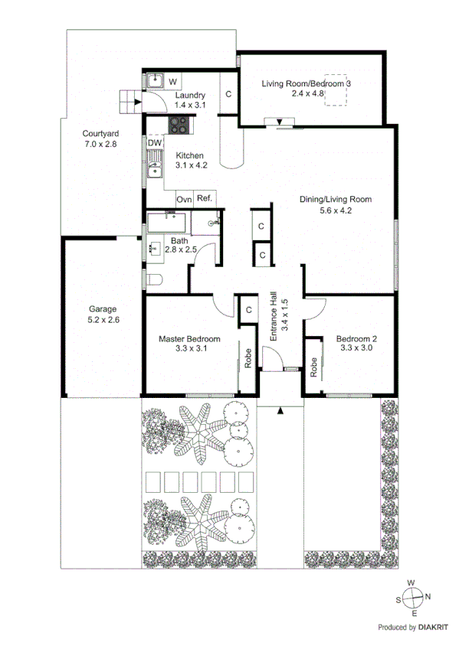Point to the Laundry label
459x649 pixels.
tap(189, 95)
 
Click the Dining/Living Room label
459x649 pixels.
tap(335, 199)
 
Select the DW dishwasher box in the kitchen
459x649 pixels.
tap(154, 143)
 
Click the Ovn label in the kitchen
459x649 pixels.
tap(184, 199)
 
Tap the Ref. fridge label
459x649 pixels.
tap(205, 199)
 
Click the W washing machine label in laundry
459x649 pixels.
tap(172, 81)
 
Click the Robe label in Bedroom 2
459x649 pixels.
tap(314, 367)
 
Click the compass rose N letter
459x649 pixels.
tap(428, 597)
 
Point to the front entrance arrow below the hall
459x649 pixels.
tap(281, 411)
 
